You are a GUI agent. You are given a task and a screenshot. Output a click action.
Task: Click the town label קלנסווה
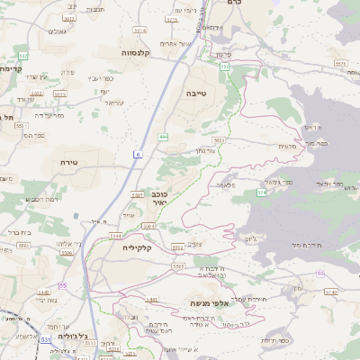point(135,53)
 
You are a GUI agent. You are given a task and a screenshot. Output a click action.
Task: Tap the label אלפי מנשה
point(210,303)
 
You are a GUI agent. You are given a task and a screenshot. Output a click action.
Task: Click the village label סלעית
point(288,146)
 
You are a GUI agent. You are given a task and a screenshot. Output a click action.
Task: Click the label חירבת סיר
point(307,244)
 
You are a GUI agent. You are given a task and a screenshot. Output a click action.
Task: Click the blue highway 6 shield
point(138,155)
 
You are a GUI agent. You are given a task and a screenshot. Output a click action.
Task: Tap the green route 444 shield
point(162,137)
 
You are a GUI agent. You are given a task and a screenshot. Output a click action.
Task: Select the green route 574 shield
point(262,192)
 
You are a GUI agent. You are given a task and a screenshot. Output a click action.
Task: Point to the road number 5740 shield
point(330,292)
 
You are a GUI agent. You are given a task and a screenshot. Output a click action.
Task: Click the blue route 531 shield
point(44,340)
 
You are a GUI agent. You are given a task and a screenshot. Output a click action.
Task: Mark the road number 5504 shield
point(148,225)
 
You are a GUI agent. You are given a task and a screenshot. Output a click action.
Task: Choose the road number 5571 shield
point(339,64)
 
